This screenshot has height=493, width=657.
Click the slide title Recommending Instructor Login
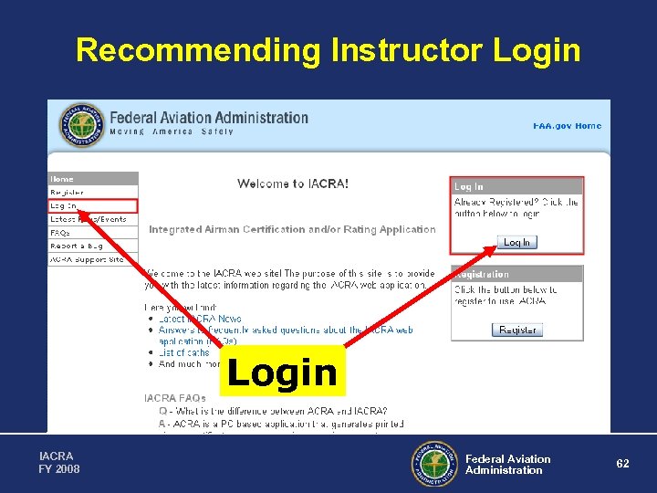328,49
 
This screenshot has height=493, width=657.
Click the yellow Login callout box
283,371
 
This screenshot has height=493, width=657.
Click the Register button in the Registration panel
517,330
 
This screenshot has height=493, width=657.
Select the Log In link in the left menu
64,206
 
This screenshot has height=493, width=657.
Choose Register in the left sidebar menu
67,193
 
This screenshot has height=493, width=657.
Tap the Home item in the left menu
62,179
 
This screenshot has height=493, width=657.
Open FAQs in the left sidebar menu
60,233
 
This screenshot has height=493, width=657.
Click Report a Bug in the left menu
77,246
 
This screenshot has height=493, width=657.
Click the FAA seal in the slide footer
433,464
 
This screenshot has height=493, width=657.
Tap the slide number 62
622,464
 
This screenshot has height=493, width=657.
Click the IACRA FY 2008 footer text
59,462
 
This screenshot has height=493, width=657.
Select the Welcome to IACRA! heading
293,184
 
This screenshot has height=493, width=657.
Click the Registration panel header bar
516,274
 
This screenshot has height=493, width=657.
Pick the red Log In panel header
516,186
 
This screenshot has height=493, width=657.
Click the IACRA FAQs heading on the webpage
174,398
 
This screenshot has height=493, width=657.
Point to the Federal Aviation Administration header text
209,118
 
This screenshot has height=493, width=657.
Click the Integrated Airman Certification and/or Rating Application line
292,229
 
